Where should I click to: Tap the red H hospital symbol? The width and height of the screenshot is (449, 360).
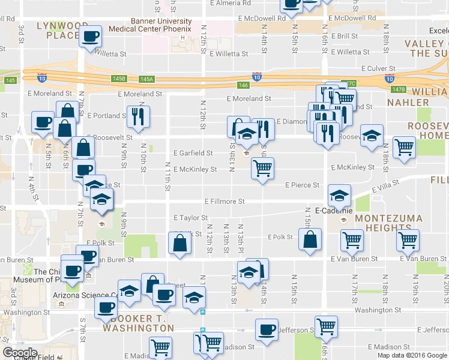click(182, 39)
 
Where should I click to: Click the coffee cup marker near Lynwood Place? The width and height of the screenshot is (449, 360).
click(91, 37)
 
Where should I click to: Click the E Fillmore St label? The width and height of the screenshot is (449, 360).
click(224, 202)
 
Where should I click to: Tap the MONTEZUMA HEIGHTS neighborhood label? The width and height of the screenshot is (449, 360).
click(394, 223)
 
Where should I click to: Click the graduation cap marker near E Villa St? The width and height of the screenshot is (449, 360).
click(339, 196)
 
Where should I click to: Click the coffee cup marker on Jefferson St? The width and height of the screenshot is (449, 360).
click(267, 330)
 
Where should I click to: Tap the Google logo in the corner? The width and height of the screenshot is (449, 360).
click(20, 353)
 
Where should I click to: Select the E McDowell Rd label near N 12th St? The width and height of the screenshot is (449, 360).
click(261, 19)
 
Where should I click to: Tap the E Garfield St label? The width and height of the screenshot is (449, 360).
click(193, 154)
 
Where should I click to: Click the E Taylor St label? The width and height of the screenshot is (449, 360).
click(190, 218)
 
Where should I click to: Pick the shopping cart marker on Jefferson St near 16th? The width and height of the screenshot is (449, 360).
click(326, 327)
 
